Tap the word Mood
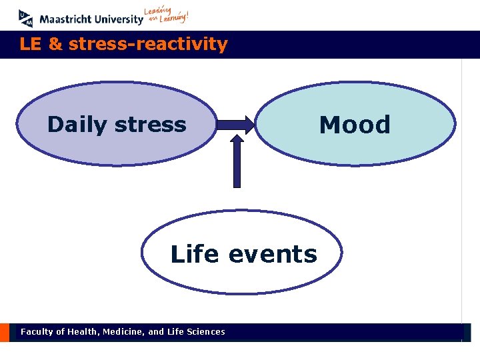point(355,125)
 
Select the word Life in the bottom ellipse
point(195,254)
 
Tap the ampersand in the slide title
point(56,45)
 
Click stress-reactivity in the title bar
point(148,45)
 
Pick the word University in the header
point(117,19)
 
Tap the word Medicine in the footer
point(124,331)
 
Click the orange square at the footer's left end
point(5,332)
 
